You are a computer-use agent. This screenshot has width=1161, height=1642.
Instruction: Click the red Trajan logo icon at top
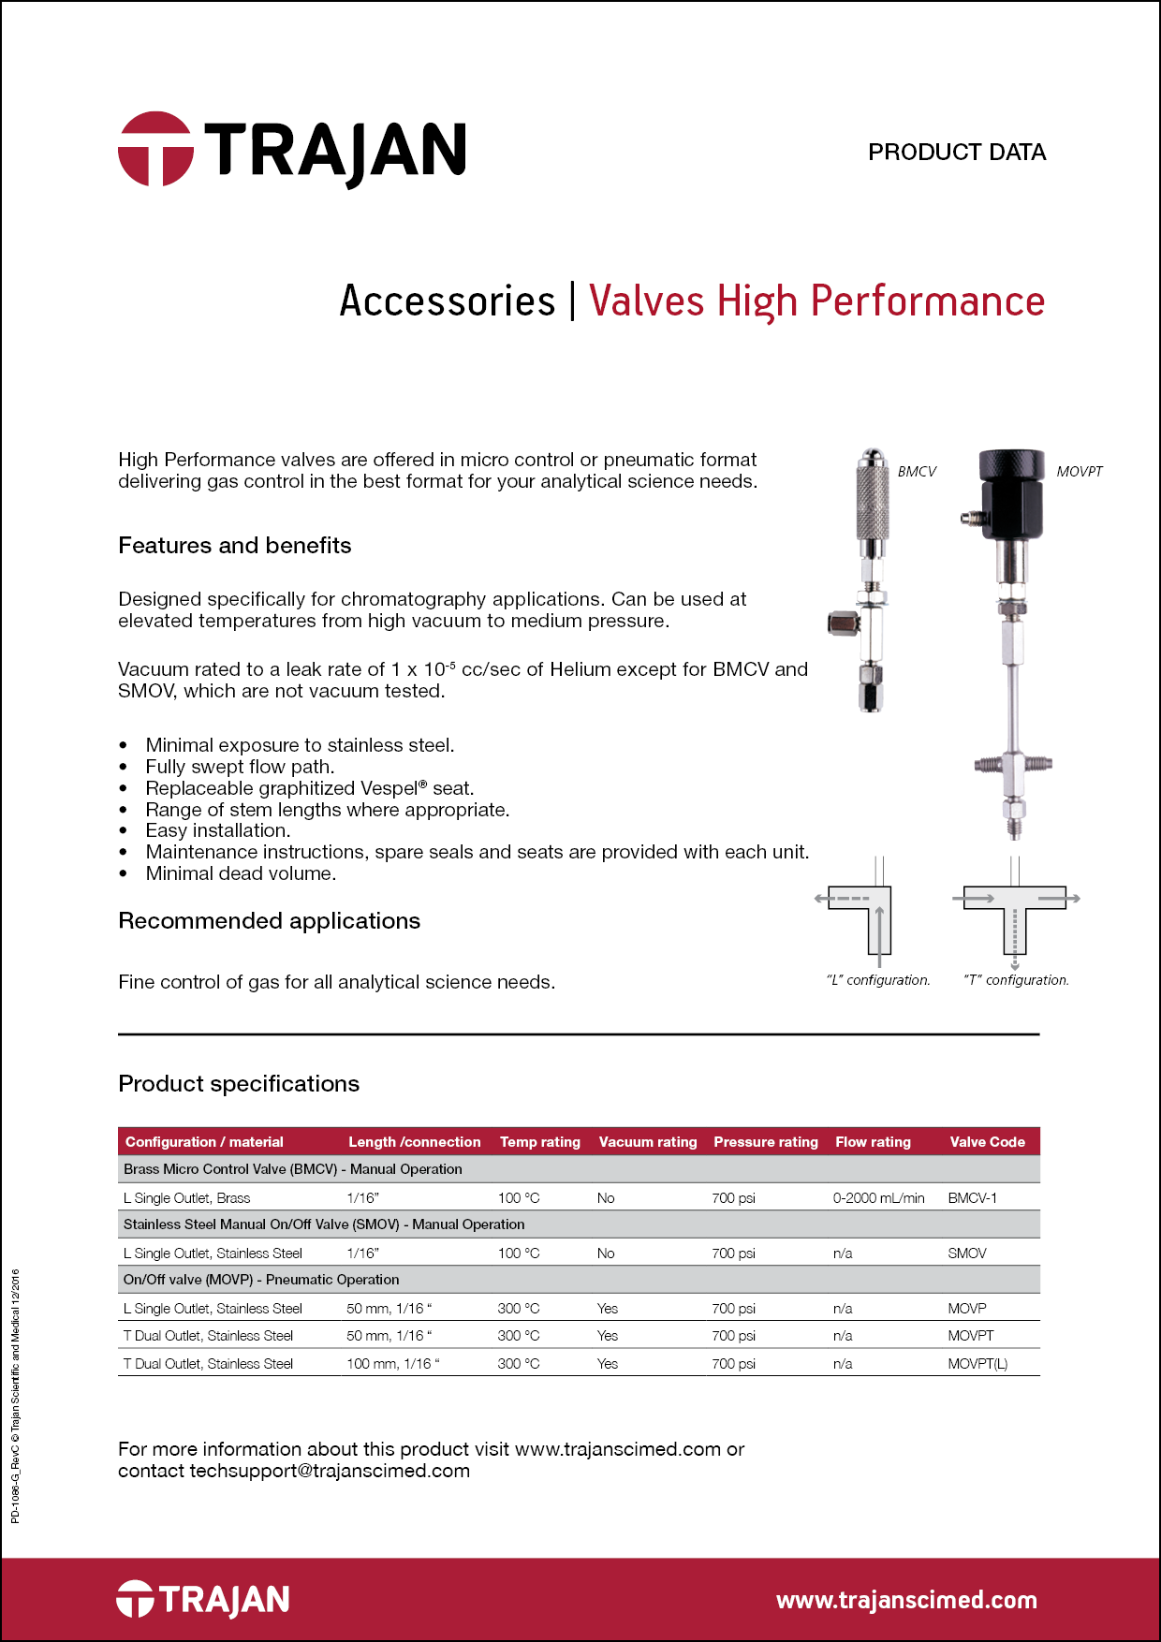(x=155, y=150)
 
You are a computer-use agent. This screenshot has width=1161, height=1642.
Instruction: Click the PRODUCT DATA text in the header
(x=956, y=152)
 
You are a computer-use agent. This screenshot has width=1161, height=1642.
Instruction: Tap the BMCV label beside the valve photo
(x=917, y=472)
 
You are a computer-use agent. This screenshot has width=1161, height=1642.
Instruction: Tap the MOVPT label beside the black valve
(x=1079, y=472)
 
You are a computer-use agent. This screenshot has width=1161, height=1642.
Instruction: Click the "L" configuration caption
(x=877, y=980)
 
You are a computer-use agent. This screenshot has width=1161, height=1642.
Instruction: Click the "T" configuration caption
(x=1016, y=980)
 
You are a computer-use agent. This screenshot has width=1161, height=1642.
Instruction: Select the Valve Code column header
(x=987, y=1142)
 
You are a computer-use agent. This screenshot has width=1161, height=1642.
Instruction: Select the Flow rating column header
(x=873, y=1142)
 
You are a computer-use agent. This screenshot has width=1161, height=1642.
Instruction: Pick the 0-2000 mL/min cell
(x=878, y=1198)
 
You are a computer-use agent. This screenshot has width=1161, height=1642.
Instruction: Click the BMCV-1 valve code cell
(x=972, y=1198)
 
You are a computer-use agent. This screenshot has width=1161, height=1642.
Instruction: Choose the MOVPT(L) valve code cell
(x=977, y=1364)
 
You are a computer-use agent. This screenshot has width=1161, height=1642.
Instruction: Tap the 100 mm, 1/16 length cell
(x=392, y=1364)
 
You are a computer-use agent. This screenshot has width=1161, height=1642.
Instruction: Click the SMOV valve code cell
(x=966, y=1253)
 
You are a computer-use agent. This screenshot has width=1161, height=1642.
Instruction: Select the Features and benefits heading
(x=234, y=546)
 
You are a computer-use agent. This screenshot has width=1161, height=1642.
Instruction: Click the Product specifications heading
(x=239, y=1084)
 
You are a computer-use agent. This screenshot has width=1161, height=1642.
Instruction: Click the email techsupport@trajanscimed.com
(x=330, y=1471)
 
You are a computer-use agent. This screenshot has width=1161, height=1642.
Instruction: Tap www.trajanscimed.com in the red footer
(x=906, y=1600)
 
